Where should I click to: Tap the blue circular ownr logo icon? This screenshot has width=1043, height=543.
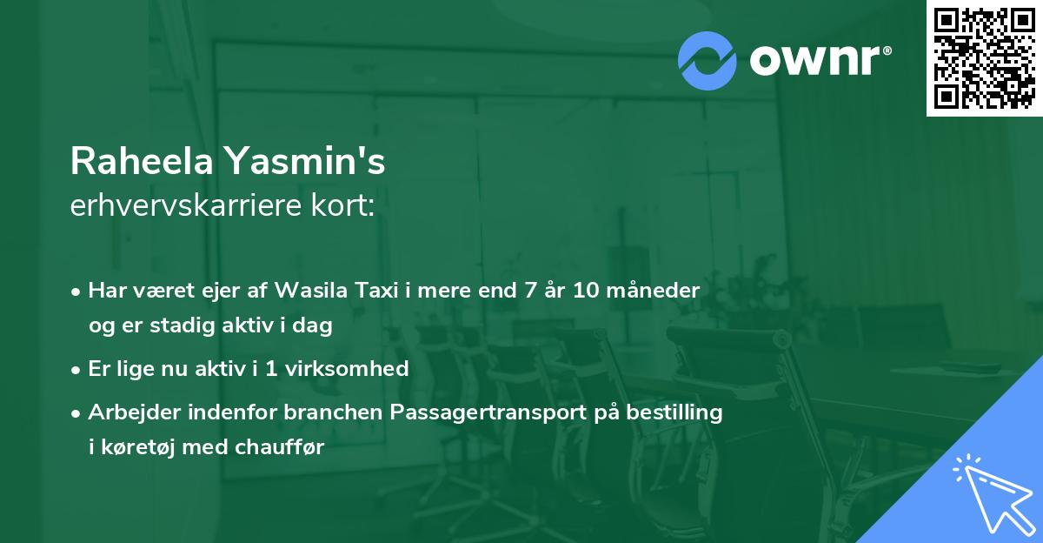[708, 60]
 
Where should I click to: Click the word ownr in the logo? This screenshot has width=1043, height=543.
[813, 61]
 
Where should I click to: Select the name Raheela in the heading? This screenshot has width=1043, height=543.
[141, 162]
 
